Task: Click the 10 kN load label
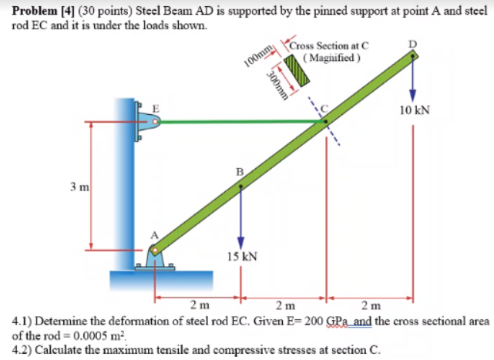pyautogui.click(x=415, y=110)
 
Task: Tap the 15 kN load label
pyautogui.click(x=242, y=255)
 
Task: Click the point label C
pyautogui.click(x=325, y=109)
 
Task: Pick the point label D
pyautogui.click(x=415, y=43)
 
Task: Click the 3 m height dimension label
pyautogui.click(x=80, y=186)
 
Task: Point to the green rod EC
pyautogui.click(x=239, y=121)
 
